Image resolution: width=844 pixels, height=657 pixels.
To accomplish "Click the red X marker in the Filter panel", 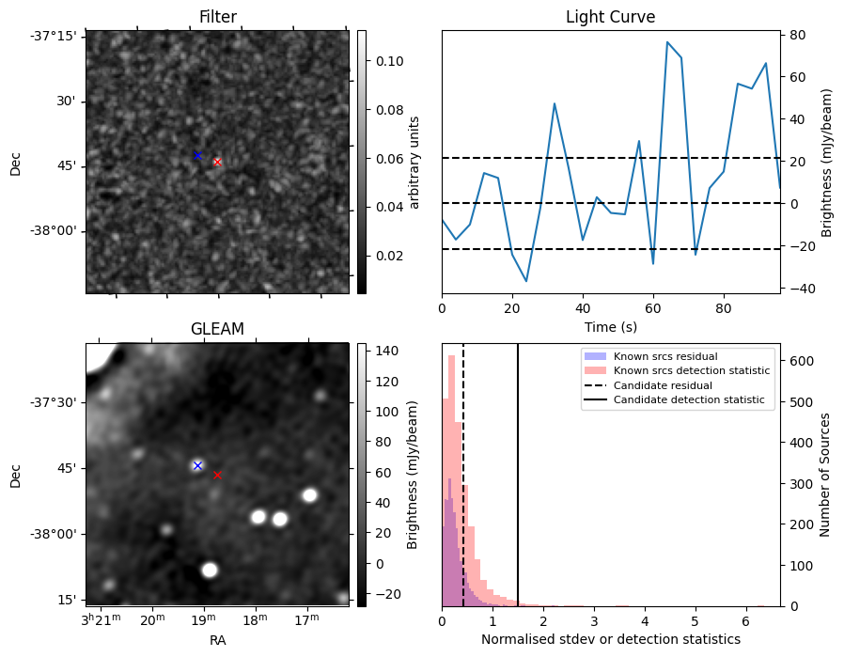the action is point(217,162).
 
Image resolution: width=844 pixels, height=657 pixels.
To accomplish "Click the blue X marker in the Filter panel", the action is point(197,155).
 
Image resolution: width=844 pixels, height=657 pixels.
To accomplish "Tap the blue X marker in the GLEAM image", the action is point(197,465).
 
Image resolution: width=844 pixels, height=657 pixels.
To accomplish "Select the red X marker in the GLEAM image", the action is point(217,476).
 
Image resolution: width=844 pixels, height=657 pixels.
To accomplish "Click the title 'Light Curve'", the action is point(610,17).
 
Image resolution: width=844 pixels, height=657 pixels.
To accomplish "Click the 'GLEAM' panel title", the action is point(217,329).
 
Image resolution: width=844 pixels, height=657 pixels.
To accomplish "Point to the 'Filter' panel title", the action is point(217,17).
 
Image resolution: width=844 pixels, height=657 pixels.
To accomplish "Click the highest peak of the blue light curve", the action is point(667,42).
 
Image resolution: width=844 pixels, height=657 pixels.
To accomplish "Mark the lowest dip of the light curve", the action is point(526,281).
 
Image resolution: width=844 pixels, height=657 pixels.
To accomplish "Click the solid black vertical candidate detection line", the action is point(518,476).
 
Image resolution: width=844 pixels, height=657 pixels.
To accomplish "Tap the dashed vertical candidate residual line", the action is point(463,476).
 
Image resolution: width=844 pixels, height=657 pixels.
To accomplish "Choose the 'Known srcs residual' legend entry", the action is point(650,356).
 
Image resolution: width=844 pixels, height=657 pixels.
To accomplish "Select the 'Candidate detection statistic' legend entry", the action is point(674,399).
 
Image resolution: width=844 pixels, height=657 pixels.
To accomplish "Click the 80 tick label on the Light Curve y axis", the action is point(798,36).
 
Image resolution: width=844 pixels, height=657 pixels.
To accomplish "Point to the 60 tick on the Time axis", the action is point(653,308).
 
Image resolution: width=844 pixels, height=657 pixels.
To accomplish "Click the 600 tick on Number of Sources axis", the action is point(801,361).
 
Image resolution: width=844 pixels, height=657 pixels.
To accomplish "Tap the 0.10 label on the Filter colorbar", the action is point(390,61).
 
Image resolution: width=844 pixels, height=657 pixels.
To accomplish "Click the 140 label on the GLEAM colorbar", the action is point(387,351).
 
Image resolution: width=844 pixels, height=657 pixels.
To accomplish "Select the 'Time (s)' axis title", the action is point(610,327).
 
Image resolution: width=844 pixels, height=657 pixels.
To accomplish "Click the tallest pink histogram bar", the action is point(451,480).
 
